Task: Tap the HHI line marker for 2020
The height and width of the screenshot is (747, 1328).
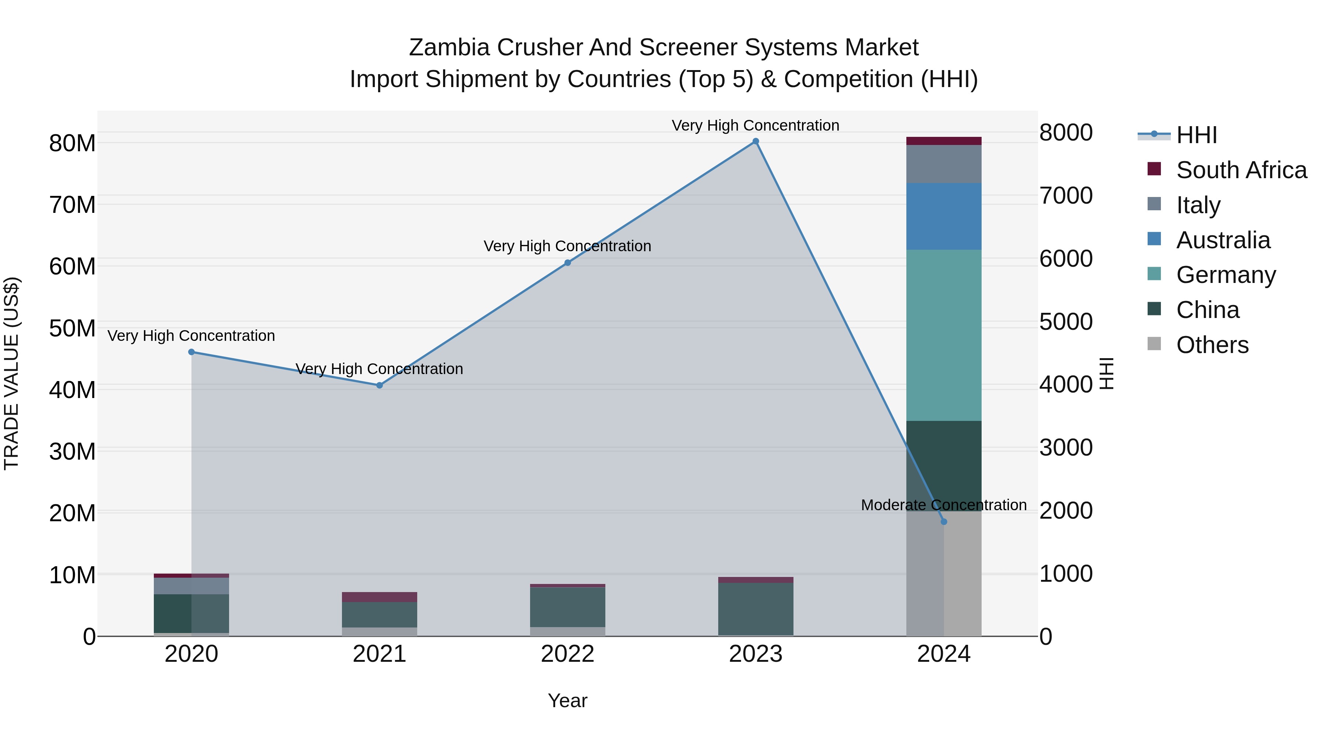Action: pos(191,352)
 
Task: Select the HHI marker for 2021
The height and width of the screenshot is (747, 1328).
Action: pos(380,385)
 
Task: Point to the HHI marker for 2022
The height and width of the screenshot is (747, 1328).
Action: pos(568,263)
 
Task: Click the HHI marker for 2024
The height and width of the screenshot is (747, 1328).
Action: pos(944,522)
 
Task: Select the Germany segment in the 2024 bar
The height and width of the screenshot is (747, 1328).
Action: pos(944,335)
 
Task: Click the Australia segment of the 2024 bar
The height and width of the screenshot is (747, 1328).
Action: pos(944,217)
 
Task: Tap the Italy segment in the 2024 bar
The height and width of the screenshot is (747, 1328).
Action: pos(944,164)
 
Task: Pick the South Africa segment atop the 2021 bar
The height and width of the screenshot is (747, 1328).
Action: pos(380,597)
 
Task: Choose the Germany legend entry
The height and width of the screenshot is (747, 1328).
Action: pos(1225,275)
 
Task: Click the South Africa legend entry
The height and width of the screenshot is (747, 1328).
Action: pos(1241,170)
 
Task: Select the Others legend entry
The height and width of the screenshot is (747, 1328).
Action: pos(1212,345)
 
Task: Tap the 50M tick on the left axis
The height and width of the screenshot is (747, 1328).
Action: pos(72,328)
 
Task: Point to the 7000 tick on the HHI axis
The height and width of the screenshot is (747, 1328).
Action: pos(1066,196)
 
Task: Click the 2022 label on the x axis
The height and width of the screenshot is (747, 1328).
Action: pos(568,654)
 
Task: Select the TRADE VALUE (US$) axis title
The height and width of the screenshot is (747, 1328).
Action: pos(11,373)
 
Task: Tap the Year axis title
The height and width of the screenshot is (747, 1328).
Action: pos(568,701)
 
